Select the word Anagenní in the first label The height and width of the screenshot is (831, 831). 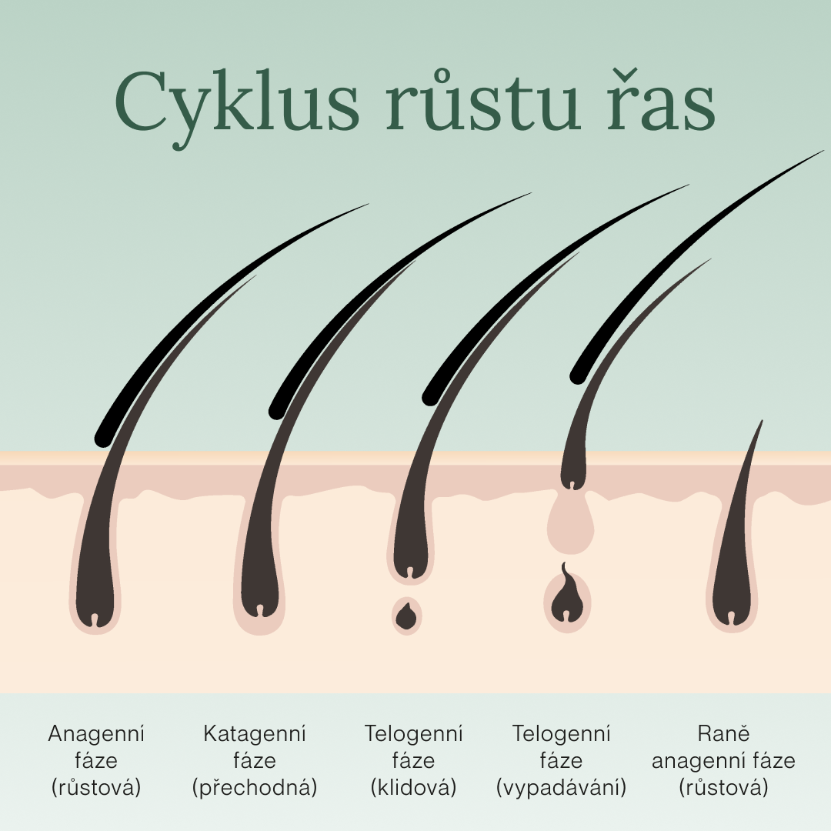pos(96,734)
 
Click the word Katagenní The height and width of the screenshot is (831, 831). pos(254,734)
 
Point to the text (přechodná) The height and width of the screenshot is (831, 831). pos(254,788)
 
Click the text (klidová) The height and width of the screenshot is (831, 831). pos(413,788)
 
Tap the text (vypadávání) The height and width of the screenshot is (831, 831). pos(561,788)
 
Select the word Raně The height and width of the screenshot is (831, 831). pos(723,734)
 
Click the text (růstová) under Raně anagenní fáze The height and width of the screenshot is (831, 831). pos(723,788)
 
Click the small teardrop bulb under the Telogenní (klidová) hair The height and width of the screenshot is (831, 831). pos(406,615)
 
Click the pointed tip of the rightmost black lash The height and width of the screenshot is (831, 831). pos(823,152)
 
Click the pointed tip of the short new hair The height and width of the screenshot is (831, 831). pos(761,422)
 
